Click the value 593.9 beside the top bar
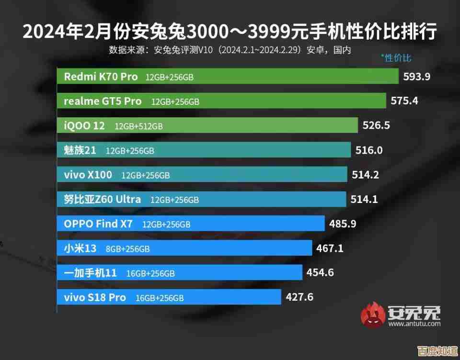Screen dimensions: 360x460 [x=417, y=77]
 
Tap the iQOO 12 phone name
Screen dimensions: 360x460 [x=84, y=126]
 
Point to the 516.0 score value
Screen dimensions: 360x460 [x=369, y=150]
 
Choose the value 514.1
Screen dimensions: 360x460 [x=365, y=199]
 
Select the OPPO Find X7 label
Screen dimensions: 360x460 [x=98, y=224]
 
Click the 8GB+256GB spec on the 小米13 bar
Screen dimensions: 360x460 [x=128, y=248]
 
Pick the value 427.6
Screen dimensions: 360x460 [x=299, y=297]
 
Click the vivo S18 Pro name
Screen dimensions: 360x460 [x=95, y=297]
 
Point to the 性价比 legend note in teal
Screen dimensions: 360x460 [x=396, y=58]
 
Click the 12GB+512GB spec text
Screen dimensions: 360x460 [x=138, y=126]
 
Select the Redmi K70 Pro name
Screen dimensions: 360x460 [x=101, y=77]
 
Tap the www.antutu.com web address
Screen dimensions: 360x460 [x=414, y=324]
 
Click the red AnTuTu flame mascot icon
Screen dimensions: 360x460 [x=373, y=315]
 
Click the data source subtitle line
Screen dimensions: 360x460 [x=230, y=50]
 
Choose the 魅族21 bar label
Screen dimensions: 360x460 [x=80, y=150]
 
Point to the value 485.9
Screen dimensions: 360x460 [x=343, y=224]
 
